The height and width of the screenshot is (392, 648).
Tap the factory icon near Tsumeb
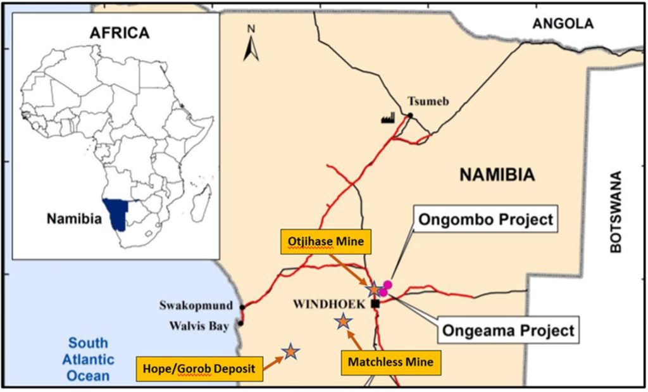388,118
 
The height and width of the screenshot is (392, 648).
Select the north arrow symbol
251,44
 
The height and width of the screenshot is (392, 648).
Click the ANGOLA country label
563,24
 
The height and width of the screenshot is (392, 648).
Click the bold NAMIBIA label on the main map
497,174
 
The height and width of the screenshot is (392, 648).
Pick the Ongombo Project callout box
484,220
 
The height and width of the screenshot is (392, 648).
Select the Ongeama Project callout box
508,330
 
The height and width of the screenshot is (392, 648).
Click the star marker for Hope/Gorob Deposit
290,351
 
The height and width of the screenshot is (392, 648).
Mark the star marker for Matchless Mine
342,322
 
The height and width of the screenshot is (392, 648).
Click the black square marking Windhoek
375,304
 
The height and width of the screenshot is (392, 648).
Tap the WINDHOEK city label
329,304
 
